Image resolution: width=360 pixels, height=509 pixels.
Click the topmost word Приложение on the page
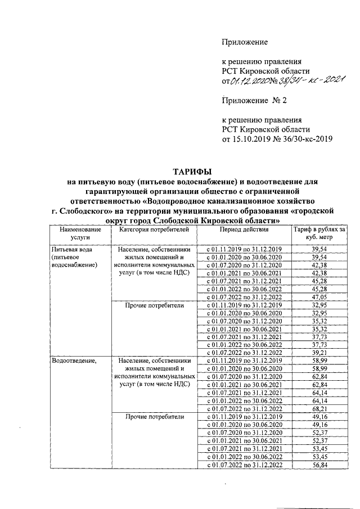click(245, 42)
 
